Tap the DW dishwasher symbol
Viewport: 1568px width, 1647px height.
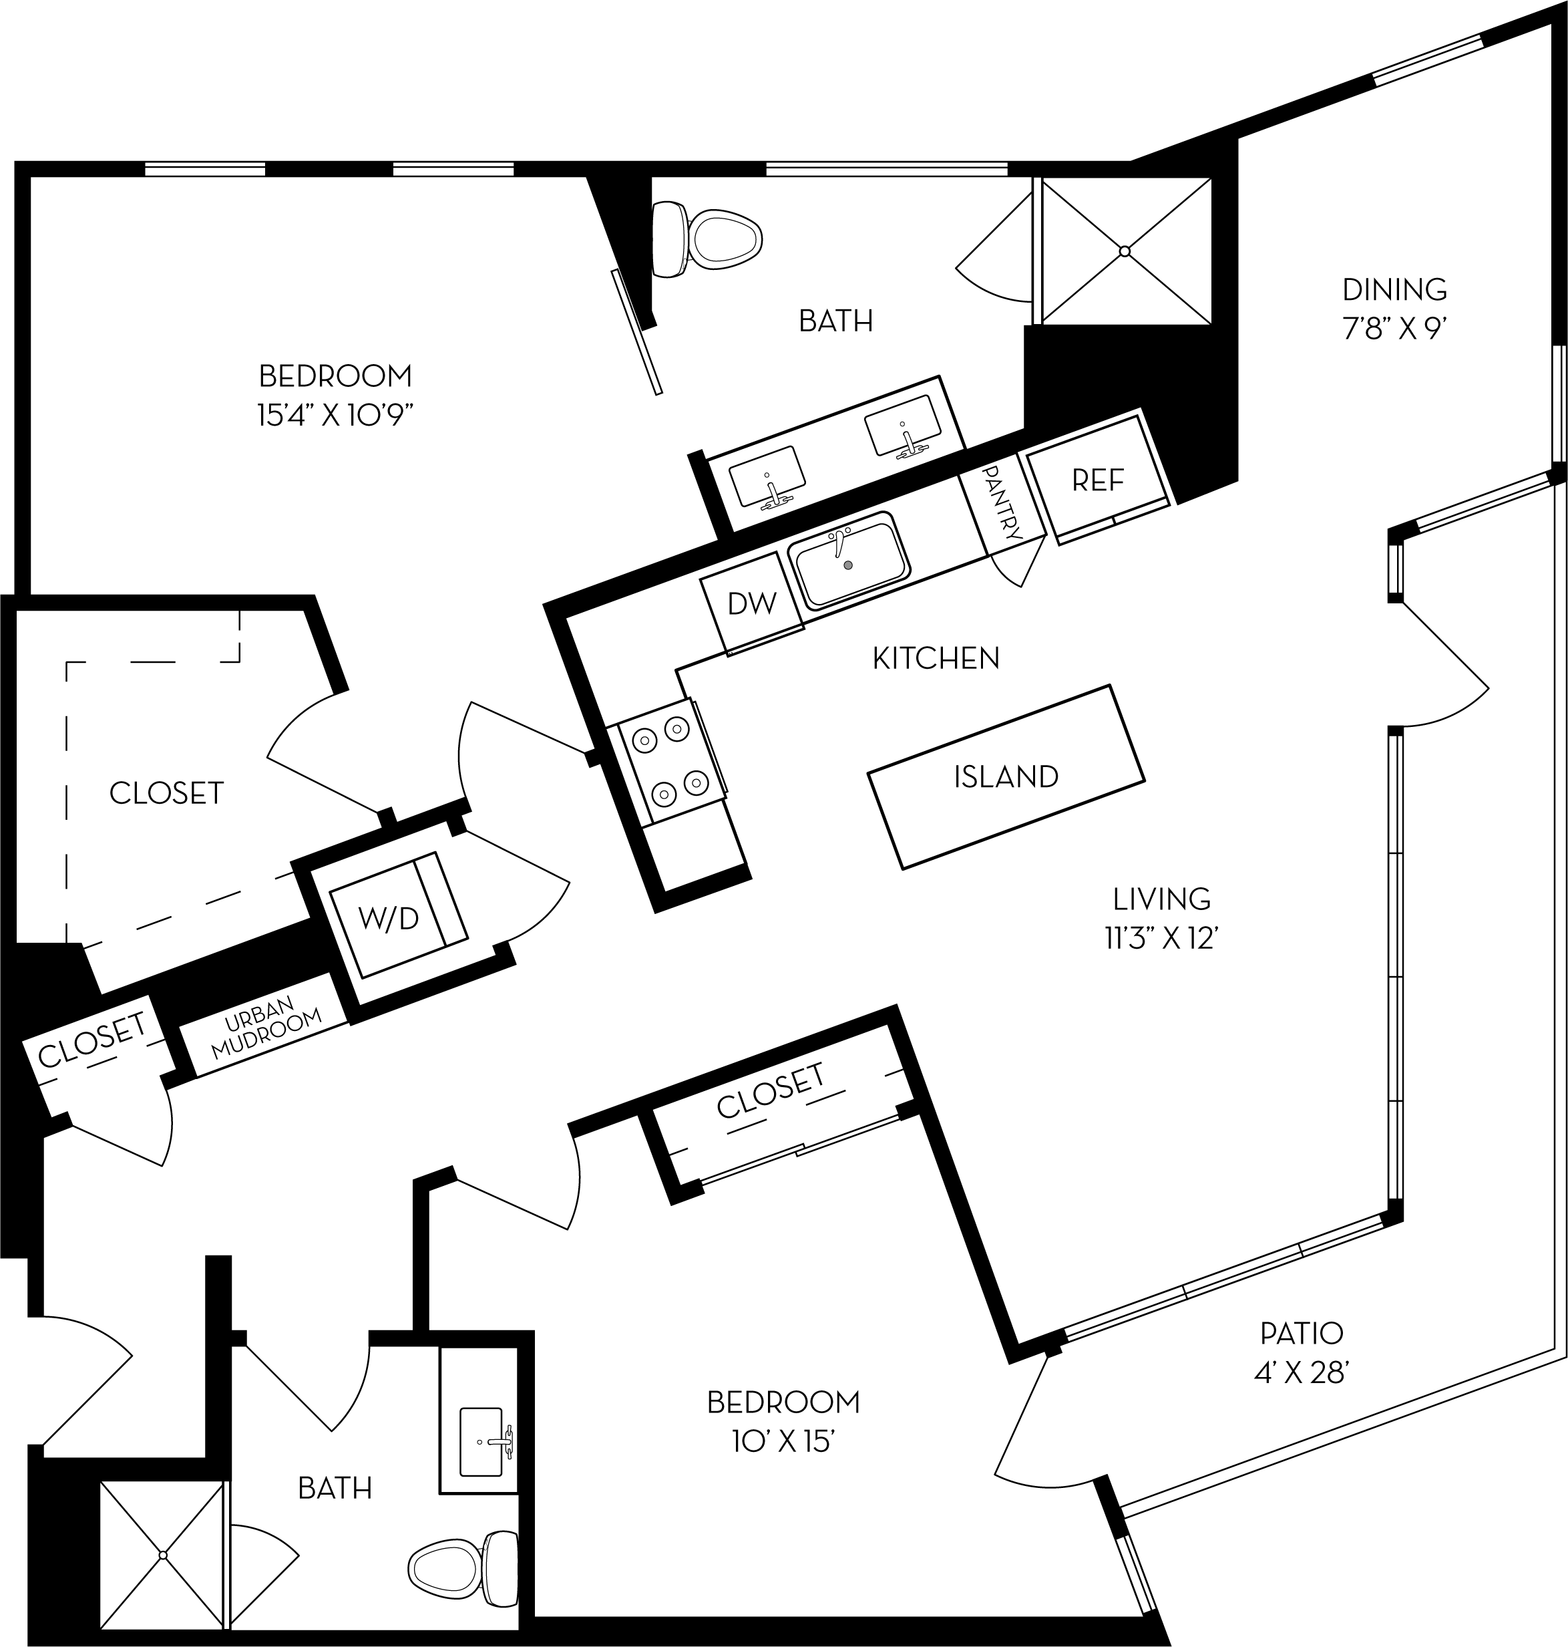tap(752, 602)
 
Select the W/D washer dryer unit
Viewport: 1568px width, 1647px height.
tap(389, 917)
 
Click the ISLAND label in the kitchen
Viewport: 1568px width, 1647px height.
tap(1006, 776)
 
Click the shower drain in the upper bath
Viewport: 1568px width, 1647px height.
tap(1125, 251)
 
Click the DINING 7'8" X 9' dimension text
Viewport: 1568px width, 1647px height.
tap(1394, 329)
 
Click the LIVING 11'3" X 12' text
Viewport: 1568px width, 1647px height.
tap(1162, 939)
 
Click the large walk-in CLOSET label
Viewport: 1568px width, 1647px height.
tap(166, 792)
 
